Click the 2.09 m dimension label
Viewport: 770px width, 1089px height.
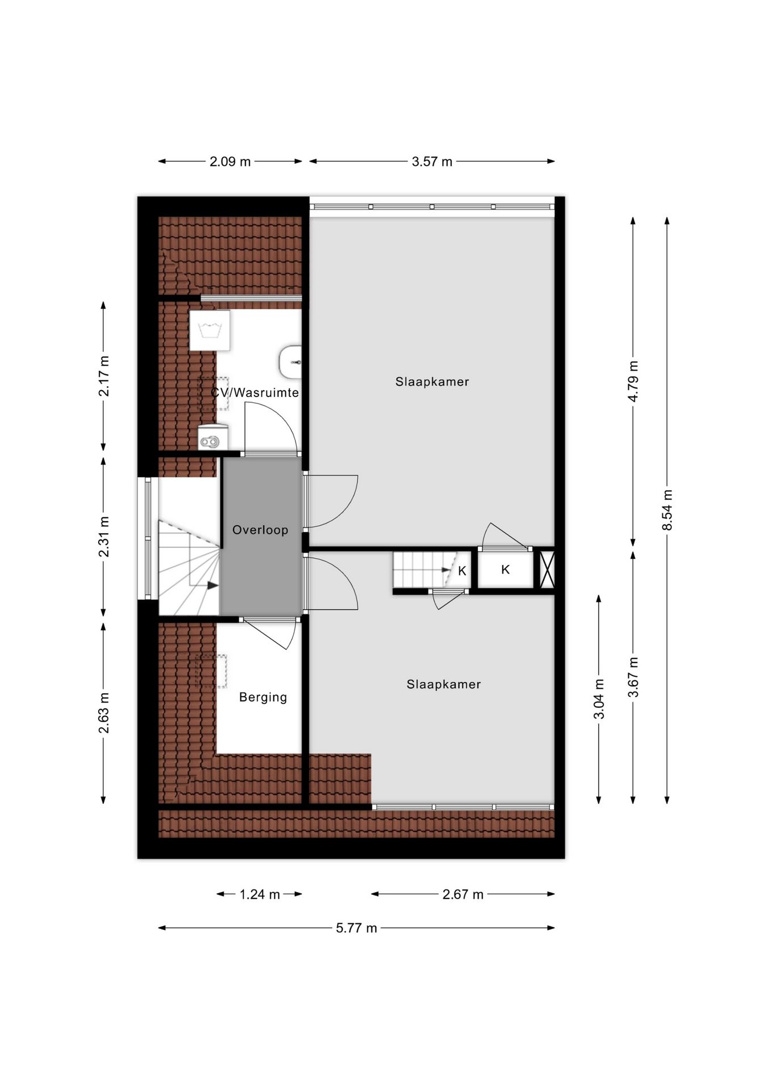(230, 162)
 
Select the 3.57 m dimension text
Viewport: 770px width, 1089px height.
(432, 162)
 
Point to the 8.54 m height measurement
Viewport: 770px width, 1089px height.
(667, 510)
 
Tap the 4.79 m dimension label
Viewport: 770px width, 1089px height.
(633, 381)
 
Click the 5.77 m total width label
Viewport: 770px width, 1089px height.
(356, 928)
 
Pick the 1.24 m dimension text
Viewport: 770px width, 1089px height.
(260, 894)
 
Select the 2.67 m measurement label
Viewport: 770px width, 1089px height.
(463, 894)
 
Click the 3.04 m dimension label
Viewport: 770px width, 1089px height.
(599, 699)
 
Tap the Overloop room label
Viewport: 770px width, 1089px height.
(260, 530)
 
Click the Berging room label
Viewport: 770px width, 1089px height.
(263, 697)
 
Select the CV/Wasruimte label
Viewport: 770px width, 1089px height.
(255, 392)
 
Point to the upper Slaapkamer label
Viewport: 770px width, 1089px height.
(432, 382)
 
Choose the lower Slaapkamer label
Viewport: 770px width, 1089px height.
(443, 684)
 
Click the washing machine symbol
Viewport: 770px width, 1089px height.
(210, 331)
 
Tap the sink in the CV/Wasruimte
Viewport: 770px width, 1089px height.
(290, 361)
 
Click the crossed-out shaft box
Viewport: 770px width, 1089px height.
(547, 569)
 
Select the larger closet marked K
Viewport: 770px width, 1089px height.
(506, 569)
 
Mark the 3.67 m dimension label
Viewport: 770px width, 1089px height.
(633, 677)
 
